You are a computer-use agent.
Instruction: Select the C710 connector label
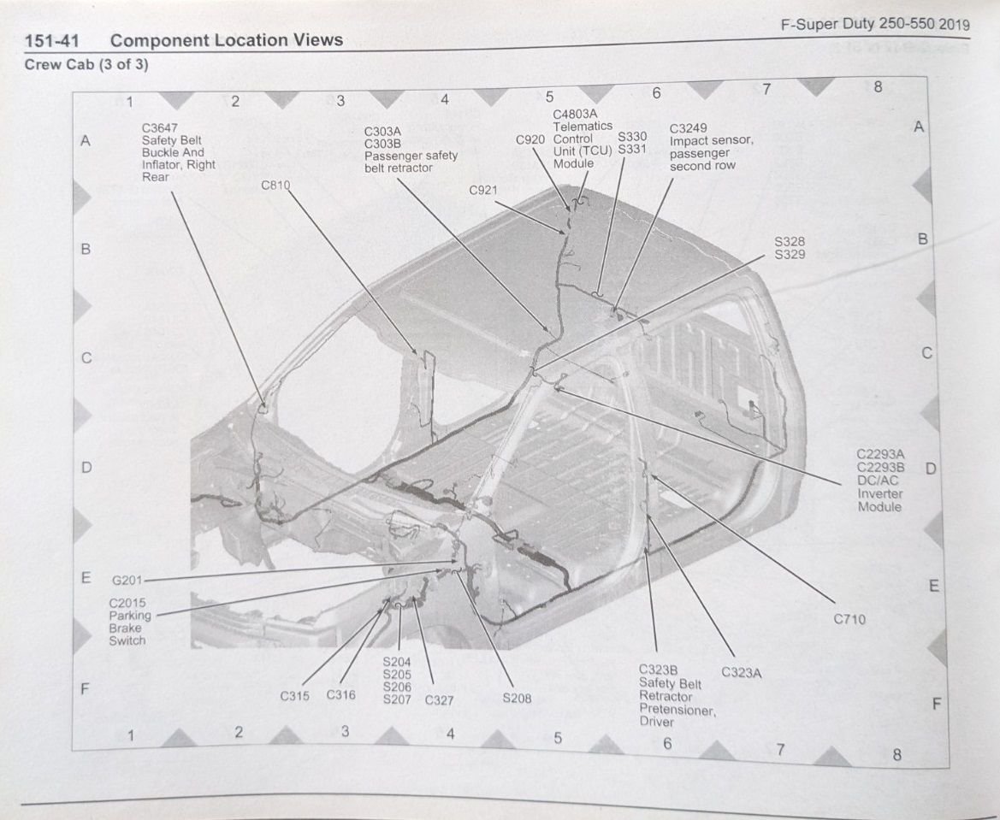click(x=849, y=619)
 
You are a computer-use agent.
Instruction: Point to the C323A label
click(x=742, y=672)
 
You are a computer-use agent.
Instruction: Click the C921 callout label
click(x=484, y=190)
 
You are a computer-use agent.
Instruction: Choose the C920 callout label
click(x=531, y=139)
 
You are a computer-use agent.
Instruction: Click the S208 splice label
click(x=517, y=699)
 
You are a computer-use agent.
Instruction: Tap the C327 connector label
click(x=440, y=700)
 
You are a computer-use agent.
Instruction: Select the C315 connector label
click(x=295, y=696)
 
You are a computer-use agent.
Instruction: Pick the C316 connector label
click(x=340, y=695)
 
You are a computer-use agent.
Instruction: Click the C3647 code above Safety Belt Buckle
click(x=158, y=128)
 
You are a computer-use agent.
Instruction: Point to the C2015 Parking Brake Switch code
click(x=127, y=603)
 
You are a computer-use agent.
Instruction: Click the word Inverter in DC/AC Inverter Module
click(x=880, y=494)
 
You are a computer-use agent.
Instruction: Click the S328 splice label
click(x=790, y=242)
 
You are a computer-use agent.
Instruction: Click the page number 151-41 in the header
click(x=51, y=40)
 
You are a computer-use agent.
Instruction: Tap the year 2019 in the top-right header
click(x=954, y=24)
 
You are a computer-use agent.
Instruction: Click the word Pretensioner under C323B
click(x=677, y=709)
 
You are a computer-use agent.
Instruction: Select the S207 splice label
click(x=397, y=699)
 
